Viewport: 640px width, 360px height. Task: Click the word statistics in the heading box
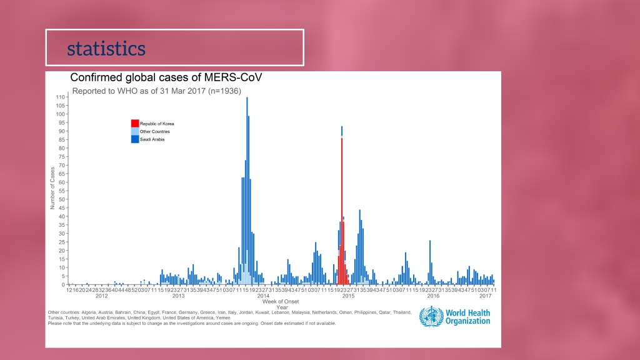106,48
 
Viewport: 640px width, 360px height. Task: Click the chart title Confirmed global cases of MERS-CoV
166,77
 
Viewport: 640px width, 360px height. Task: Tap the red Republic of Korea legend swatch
135,123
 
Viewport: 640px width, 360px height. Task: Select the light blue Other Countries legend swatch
135,131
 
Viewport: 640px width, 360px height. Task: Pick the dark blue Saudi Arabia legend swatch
135,139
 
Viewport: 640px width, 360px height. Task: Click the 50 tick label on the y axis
62,199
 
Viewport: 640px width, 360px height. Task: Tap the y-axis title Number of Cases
52,187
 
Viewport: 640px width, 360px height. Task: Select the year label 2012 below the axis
101,296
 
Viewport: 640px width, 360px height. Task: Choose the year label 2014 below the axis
264,296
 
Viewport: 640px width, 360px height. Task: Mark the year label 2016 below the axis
432,296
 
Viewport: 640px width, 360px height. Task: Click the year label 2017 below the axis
486,296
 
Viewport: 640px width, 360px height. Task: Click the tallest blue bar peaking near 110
247,187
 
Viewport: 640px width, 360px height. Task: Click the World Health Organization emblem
430,317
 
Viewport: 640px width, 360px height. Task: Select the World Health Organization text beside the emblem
467,317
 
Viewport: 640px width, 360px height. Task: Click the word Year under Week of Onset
282,307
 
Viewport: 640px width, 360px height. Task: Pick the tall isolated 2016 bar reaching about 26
430,262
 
